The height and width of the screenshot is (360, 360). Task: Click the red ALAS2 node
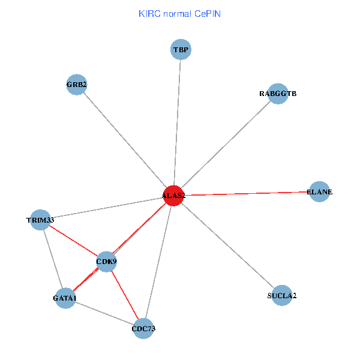pyautogui.click(x=173, y=196)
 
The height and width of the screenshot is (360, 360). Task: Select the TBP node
pyautogui.click(x=181, y=49)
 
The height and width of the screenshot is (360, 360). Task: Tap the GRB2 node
pyautogui.click(x=77, y=85)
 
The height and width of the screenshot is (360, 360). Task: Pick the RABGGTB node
pyautogui.click(x=278, y=94)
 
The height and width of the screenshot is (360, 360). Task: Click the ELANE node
pyautogui.click(x=319, y=192)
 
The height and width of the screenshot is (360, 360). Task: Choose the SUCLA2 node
pyautogui.click(x=282, y=296)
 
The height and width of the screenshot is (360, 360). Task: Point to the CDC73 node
pyautogui.click(x=143, y=329)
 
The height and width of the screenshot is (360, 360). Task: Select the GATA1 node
pyautogui.click(x=65, y=298)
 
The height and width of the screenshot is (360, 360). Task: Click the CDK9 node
pyautogui.click(x=106, y=262)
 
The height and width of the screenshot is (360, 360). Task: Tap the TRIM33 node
pyautogui.click(x=40, y=220)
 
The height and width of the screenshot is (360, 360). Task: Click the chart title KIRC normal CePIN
pyautogui.click(x=179, y=13)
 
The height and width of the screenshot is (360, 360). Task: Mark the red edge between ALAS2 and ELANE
pyautogui.click(x=246, y=194)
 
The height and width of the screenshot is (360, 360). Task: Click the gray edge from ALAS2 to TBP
pyautogui.click(x=177, y=122)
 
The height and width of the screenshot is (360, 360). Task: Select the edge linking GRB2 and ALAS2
pyautogui.click(x=125, y=140)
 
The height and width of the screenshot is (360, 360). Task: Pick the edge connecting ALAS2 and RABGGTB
pyautogui.click(x=225, y=145)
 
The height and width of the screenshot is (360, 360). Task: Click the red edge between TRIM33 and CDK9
pyautogui.click(x=73, y=241)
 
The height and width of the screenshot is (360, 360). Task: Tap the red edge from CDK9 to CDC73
pyautogui.click(x=125, y=295)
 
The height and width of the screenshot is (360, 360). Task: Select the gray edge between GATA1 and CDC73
pyautogui.click(x=104, y=313)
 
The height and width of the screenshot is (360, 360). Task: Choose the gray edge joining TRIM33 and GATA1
pyautogui.click(x=52, y=259)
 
